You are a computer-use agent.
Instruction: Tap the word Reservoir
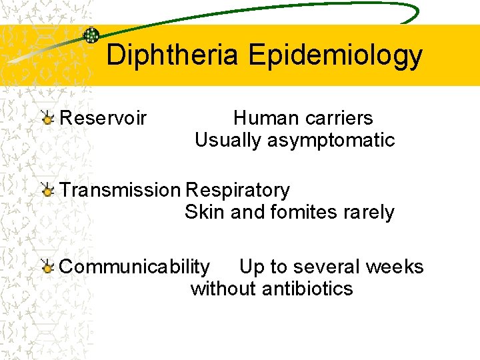click(103, 119)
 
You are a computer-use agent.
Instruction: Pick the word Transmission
click(120, 191)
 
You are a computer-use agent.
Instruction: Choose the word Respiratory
click(238, 191)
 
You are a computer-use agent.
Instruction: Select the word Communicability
click(134, 267)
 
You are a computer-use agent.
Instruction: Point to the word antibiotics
click(308, 289)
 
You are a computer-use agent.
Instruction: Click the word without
click(223, 289)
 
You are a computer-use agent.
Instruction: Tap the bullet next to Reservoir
click(47, 119)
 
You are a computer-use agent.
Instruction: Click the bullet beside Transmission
click(47, 191)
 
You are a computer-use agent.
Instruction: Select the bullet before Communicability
click(47, 267)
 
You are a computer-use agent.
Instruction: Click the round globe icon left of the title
click(91, 36)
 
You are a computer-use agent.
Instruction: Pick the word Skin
click(200, 213)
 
